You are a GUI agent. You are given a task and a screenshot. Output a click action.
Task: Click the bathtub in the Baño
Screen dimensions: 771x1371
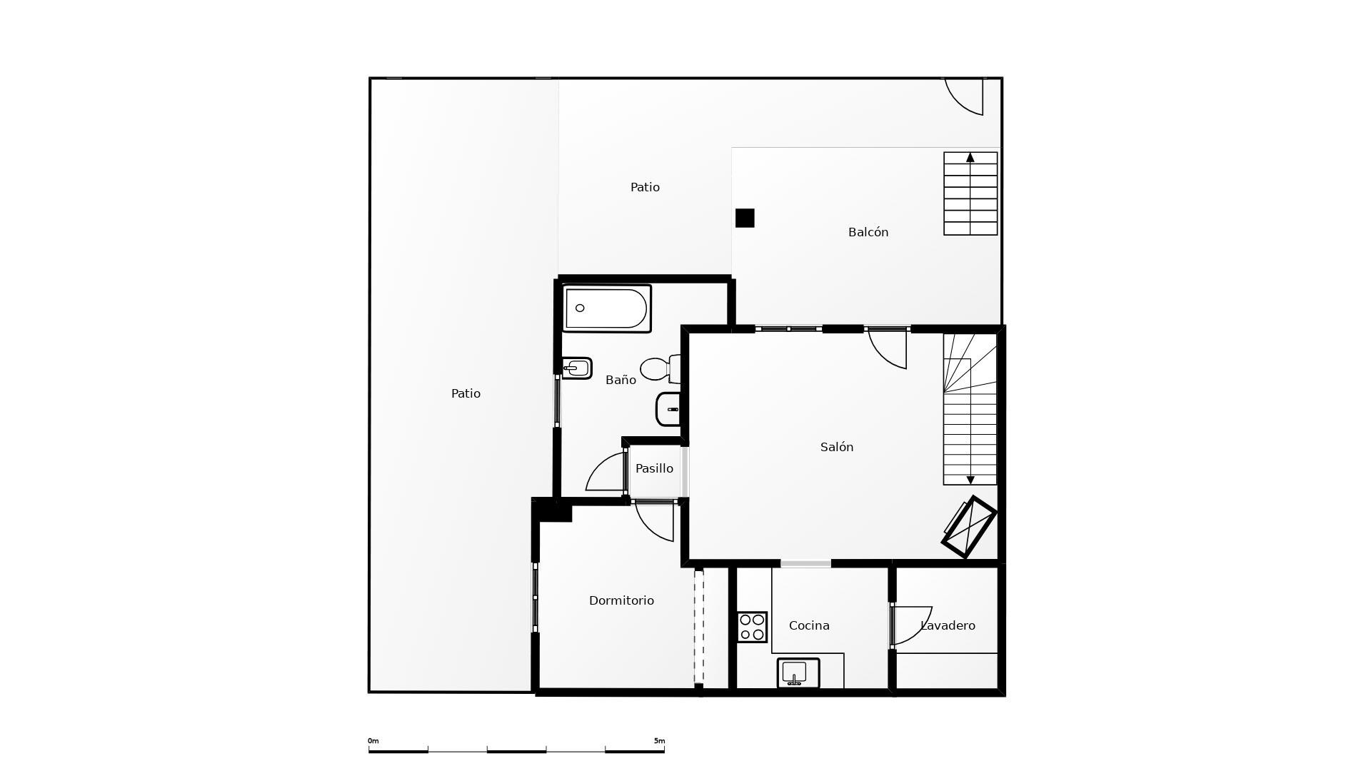[606, 308]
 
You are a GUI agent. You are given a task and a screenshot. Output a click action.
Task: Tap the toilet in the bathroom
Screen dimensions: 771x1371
[658, 369]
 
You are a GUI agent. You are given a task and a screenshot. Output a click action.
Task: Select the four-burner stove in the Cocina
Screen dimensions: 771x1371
[752, 627]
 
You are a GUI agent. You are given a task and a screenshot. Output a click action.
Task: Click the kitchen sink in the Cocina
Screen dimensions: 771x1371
[798, 672]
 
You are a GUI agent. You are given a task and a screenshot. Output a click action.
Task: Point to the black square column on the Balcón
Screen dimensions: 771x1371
[745, 218]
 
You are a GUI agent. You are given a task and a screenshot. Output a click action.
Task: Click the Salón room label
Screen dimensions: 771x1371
[836, 447]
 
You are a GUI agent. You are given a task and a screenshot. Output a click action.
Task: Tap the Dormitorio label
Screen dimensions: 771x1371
[621, 600]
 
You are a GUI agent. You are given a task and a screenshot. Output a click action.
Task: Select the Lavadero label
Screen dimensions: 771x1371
[948, 625]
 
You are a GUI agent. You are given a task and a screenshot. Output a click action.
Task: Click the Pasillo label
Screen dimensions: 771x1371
[654, 468]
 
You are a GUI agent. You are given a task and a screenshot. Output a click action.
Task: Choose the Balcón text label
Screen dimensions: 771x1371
[868, 232]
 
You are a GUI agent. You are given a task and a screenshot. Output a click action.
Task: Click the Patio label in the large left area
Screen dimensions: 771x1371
[466, 393]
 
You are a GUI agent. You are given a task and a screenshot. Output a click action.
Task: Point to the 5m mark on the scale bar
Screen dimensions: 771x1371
[659, 741]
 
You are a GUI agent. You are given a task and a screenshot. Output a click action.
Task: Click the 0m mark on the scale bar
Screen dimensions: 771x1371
[373, 741]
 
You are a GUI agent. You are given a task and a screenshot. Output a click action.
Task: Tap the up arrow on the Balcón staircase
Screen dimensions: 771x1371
[970, 158]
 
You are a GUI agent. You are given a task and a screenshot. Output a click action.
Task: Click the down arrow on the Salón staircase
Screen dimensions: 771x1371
[970, 480]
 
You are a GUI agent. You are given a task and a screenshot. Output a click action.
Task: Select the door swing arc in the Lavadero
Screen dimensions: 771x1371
[914, 625]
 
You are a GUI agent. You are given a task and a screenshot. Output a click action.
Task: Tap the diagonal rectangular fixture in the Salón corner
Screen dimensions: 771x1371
[969, 527]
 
